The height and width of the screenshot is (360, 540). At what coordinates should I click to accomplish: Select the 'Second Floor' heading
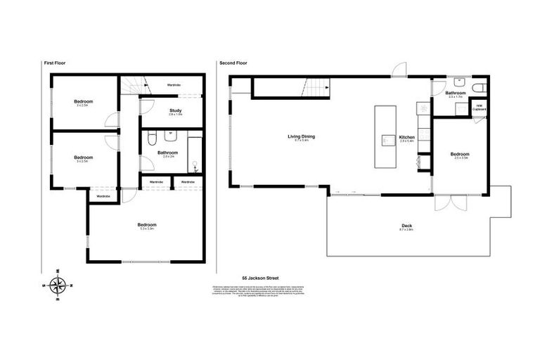[x=231, y=63]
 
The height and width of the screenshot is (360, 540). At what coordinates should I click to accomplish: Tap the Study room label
[x=176, y=110]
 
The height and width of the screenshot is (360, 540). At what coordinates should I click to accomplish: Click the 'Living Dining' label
[x=302, y=136]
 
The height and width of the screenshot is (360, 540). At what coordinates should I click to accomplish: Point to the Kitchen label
[x=407, y=137]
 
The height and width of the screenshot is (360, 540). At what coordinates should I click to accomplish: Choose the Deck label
[x=406, y=225]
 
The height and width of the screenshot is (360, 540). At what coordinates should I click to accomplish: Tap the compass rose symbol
[x=60, y=285]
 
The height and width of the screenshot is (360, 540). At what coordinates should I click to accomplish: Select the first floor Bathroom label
[x=167, y=153]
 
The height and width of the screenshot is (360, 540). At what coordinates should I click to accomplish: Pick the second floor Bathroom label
[x=456, y=93]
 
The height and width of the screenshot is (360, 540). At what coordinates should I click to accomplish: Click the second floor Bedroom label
[x=461, y=154]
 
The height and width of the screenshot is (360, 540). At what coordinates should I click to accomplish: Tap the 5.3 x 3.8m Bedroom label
[x=146, y=225]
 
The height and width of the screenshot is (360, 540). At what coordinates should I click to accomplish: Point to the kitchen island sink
[x=386, y=139]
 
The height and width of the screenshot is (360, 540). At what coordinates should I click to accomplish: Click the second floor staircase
[x=314, y=89]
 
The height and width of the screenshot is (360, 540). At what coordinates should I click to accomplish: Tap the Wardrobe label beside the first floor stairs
[x=175, y=86]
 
